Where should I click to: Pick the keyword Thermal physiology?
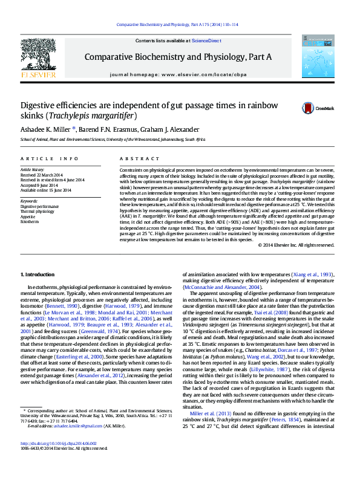coord(37,211)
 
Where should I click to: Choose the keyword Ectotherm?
coord(30,222)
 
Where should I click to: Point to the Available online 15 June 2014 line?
coord(46,190)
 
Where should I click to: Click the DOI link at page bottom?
coord(59,460)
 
